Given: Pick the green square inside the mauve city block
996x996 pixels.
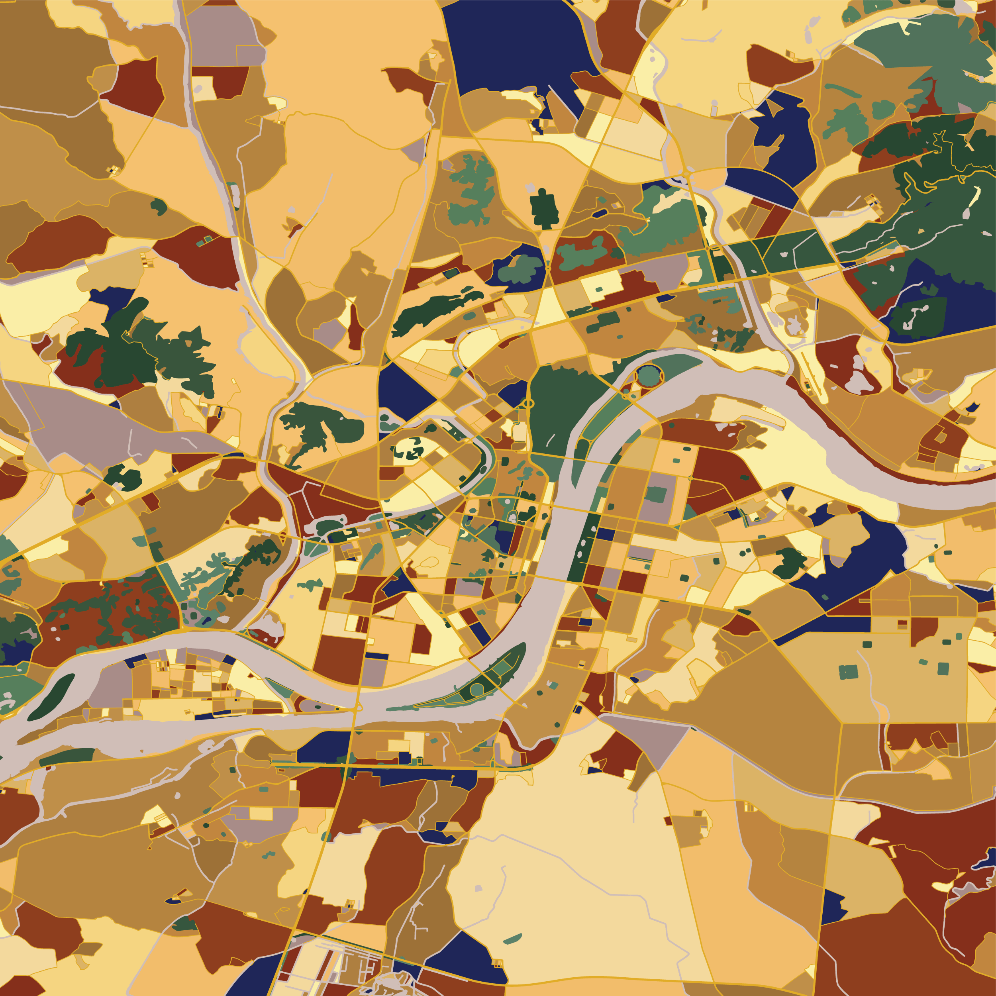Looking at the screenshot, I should click(x=655, y=495).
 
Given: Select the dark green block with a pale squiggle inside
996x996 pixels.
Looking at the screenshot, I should click(x=918, y=314).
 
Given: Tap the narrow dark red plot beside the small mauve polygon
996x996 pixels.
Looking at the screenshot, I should click(x=354, y=327).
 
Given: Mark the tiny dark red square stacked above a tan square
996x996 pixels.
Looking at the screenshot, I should click(x=902, y=623).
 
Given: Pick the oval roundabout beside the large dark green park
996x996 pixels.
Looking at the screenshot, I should click(x=528, y=403).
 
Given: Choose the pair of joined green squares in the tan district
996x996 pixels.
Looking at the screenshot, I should click(x=849, y=672).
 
